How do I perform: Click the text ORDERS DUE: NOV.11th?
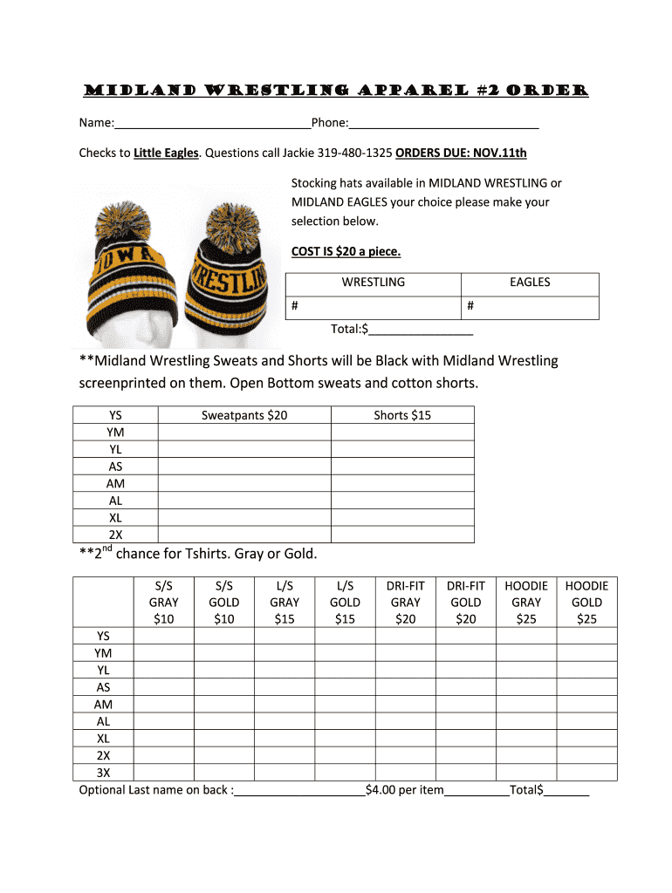point(461,153)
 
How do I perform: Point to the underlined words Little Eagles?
point(166,153)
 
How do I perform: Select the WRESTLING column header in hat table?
point(373,283)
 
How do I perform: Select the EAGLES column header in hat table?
point(530,283)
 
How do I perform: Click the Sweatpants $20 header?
point(244,415)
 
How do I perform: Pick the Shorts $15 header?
point(402,415)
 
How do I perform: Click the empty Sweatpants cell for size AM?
point(244,483)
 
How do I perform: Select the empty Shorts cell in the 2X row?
point(402,535)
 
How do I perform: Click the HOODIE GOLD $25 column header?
point(586,603)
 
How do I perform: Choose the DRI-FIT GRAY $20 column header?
point(405,603)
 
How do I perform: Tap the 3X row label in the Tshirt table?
point(104,773)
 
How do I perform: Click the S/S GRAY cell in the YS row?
point(164,636)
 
